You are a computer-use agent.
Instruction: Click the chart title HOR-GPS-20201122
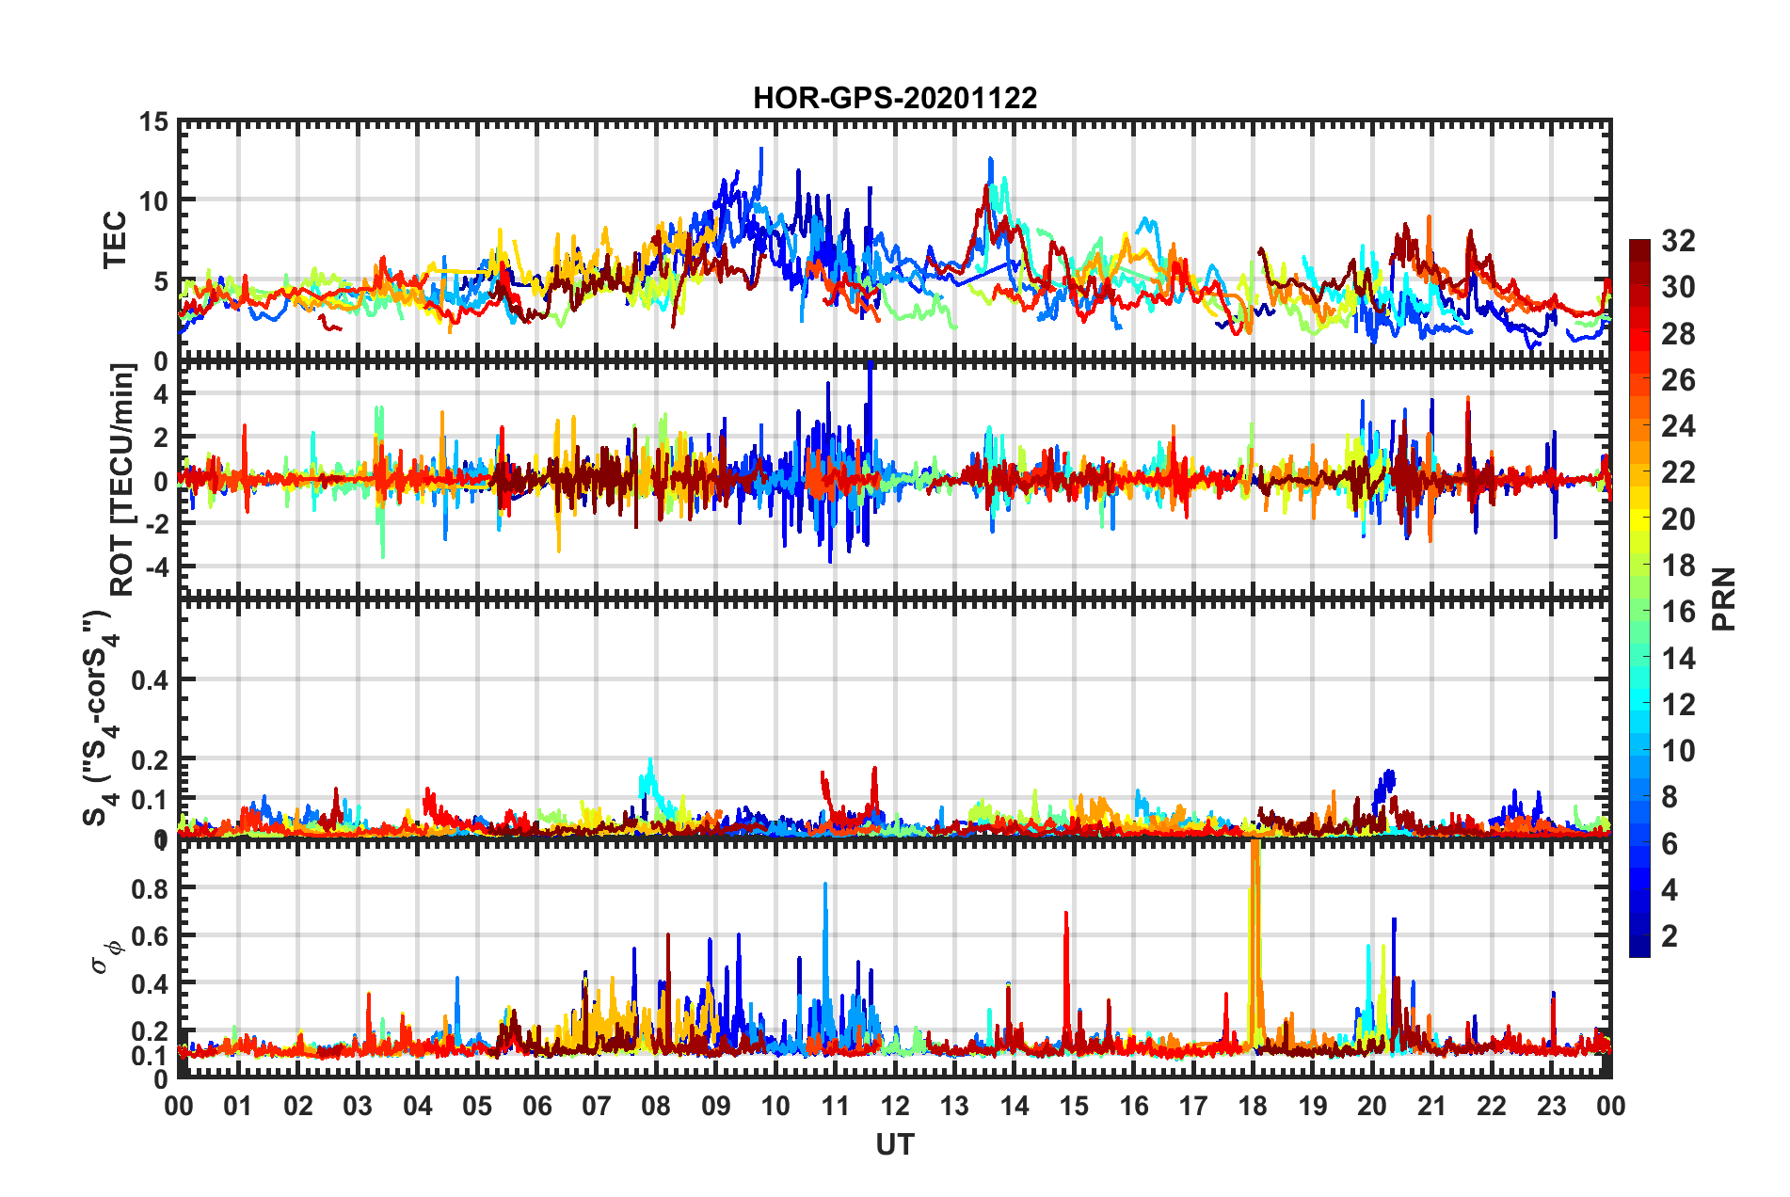click(894, 98)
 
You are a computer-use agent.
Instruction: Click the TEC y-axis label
click(115, 240)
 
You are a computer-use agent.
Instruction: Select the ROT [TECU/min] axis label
click(122, 480)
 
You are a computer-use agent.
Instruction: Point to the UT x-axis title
click(894, 1144)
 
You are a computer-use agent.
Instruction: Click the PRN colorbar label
click(1723, 598)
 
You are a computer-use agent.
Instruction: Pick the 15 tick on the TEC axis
click(153, 121)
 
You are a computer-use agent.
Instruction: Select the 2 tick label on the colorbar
click(1670, 935)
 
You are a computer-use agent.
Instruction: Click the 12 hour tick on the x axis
click(894, 1106)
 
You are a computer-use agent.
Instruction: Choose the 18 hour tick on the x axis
click(1253, 1106)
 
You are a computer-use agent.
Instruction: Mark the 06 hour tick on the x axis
click(536, 1106)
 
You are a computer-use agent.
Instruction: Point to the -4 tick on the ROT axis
click(154, 567)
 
